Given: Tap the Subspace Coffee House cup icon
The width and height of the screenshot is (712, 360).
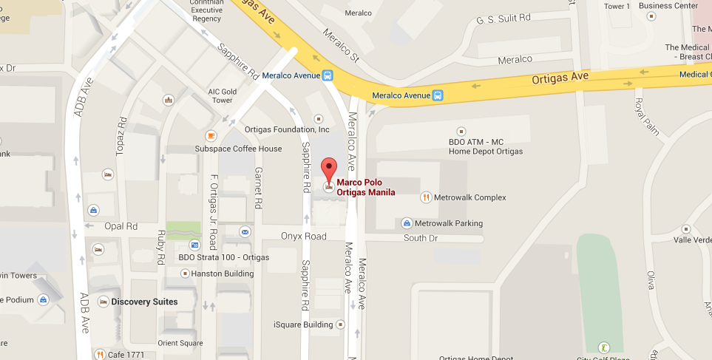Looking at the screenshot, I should coord(211,135).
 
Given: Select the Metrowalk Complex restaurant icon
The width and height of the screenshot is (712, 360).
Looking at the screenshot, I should coord(426,197).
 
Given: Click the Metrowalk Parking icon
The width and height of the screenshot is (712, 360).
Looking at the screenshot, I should coord(407,223).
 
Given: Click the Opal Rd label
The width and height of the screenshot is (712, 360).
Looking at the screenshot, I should coord(121,226).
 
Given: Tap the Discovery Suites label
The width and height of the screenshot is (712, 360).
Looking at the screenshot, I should coord(144,302).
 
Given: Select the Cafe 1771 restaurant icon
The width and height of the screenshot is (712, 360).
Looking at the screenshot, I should coord(99,354).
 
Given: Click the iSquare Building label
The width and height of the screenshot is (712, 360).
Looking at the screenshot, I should coord(303,325).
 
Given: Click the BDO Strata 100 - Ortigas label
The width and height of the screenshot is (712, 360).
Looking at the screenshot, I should coord(214,258).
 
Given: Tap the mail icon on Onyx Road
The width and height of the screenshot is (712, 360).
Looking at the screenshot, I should coord(245,232).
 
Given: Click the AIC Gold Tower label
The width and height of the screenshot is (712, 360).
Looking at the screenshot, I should coord(222,96).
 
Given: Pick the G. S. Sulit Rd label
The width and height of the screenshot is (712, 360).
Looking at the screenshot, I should coord(504,17).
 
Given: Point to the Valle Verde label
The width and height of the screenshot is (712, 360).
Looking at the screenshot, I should coord(693,240).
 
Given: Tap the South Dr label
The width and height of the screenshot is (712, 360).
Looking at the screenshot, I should coord(421,238).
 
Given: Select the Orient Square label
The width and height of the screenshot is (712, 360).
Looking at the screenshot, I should coord(180,343).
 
